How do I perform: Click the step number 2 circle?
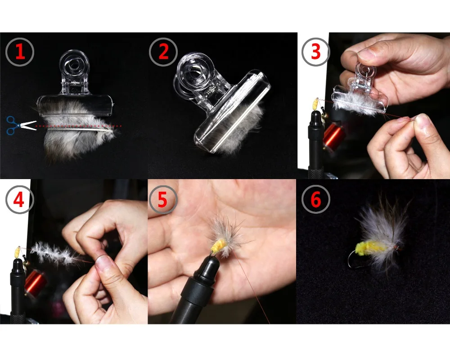[x=163, y=52]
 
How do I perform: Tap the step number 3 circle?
[x=315, y=52]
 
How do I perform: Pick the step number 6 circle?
[x=315, y=199]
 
